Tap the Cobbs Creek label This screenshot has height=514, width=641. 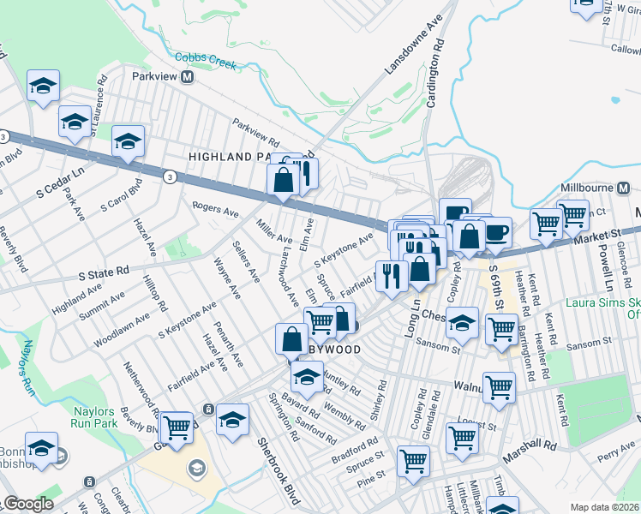(205, 58)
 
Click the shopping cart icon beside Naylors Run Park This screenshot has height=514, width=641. (177, 426)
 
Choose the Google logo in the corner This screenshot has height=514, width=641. (27, 505)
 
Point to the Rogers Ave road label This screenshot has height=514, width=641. (214, 208)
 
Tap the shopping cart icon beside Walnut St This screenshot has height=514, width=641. (499, 385)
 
